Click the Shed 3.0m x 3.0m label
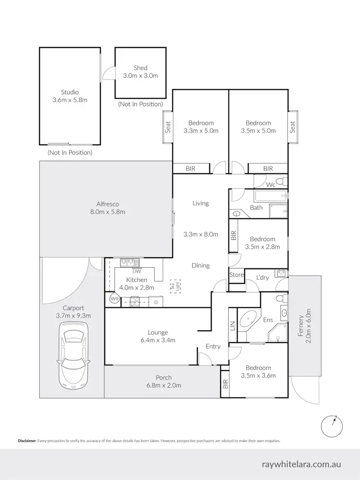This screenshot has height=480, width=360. (141, 72)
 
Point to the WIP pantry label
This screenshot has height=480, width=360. (114, 299)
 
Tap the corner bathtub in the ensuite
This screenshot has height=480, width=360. (248, 320)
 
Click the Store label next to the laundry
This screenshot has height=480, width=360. (237, 275)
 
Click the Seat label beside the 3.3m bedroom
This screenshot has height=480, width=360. (168, 127)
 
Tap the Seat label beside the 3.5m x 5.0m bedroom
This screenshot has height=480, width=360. (293, 127)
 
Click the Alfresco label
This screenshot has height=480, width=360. (104, 207)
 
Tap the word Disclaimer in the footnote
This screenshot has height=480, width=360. (27, 440)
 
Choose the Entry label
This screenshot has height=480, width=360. (213, 346)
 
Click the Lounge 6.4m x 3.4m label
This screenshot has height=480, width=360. (158, 336)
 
